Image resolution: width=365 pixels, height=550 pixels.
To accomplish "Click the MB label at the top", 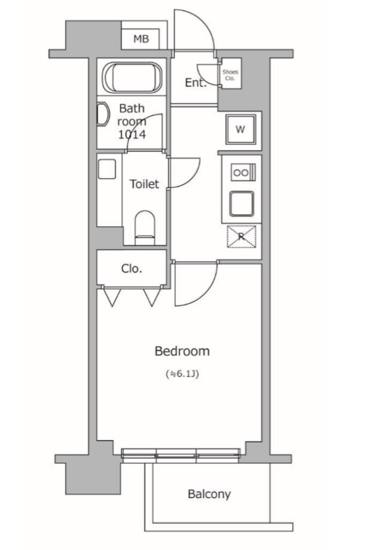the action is point(141,39).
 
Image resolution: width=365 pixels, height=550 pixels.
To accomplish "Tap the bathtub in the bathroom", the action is point(133,77).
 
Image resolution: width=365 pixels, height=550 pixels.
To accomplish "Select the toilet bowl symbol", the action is point(145,228).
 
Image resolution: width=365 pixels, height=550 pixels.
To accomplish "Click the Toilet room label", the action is point(144,184).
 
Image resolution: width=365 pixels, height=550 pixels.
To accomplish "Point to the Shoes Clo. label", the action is point(230,75).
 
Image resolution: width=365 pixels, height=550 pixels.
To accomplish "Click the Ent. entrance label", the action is point(195,82).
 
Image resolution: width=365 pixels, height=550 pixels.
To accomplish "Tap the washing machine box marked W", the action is point(241,129).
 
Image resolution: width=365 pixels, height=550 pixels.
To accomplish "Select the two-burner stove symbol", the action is point(243,172).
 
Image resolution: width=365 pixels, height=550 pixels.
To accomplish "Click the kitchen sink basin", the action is point(242,203).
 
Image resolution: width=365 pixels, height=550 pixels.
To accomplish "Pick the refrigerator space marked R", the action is point(242,236).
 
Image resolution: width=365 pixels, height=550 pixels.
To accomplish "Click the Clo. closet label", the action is point(132,268).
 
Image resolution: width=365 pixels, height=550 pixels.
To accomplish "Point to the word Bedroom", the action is point(182,351).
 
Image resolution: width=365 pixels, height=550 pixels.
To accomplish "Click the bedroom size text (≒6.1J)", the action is point(182,374).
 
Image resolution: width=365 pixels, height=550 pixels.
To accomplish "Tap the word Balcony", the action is point(209,494).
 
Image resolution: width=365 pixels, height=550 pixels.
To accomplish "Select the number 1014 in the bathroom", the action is point(132,135).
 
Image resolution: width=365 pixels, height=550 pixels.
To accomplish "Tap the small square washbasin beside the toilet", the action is point(107,169).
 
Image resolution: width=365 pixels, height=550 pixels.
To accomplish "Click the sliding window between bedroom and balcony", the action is point(181,454).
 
